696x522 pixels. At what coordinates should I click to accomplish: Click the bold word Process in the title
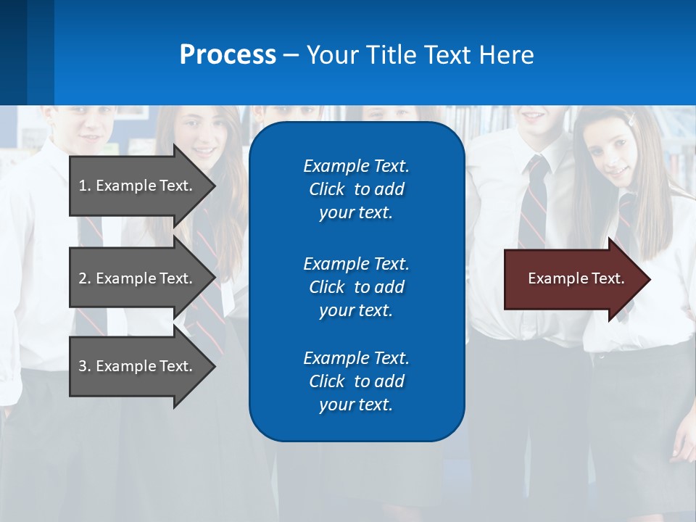[228, 55]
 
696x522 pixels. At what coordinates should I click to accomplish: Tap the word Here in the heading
[505, 55]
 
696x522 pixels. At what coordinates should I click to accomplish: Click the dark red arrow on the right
[573, 279]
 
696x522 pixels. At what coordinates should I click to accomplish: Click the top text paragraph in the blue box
[356, 189]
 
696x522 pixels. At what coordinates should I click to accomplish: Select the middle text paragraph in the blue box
[356, 287]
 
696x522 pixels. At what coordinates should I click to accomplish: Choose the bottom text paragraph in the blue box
[356, 381]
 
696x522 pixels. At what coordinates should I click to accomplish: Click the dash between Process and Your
[291, 56]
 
